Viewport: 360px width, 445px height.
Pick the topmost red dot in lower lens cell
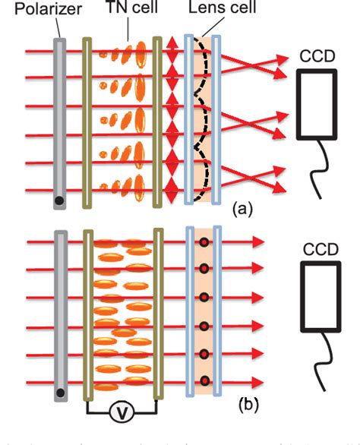coord(204,243)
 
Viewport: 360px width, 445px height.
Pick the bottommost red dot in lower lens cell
coord(204,380)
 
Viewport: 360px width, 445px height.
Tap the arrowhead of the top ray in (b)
coord(258,242)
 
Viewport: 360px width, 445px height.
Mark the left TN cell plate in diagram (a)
coord(87,122)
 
